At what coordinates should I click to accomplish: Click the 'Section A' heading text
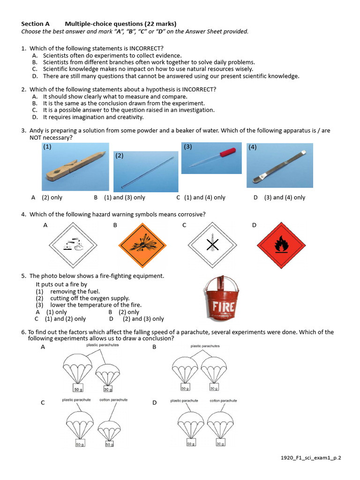pyautogui.click(x=36, y=24)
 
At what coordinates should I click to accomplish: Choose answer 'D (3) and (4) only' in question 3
pyautogui.click(x=279, y=197)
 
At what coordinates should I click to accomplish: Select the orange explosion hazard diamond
pyautogui.click(x=141, y=246)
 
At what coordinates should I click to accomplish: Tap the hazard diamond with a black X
pyautogui.click(x=212, y=246)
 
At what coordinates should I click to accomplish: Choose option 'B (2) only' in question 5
pyautogui.click(x=124, y=312)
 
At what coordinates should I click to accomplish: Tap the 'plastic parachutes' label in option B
pyautogui.click(x=205, y=346)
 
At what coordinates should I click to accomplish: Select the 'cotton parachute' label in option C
pyautogui.click(x=113, y=400)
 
